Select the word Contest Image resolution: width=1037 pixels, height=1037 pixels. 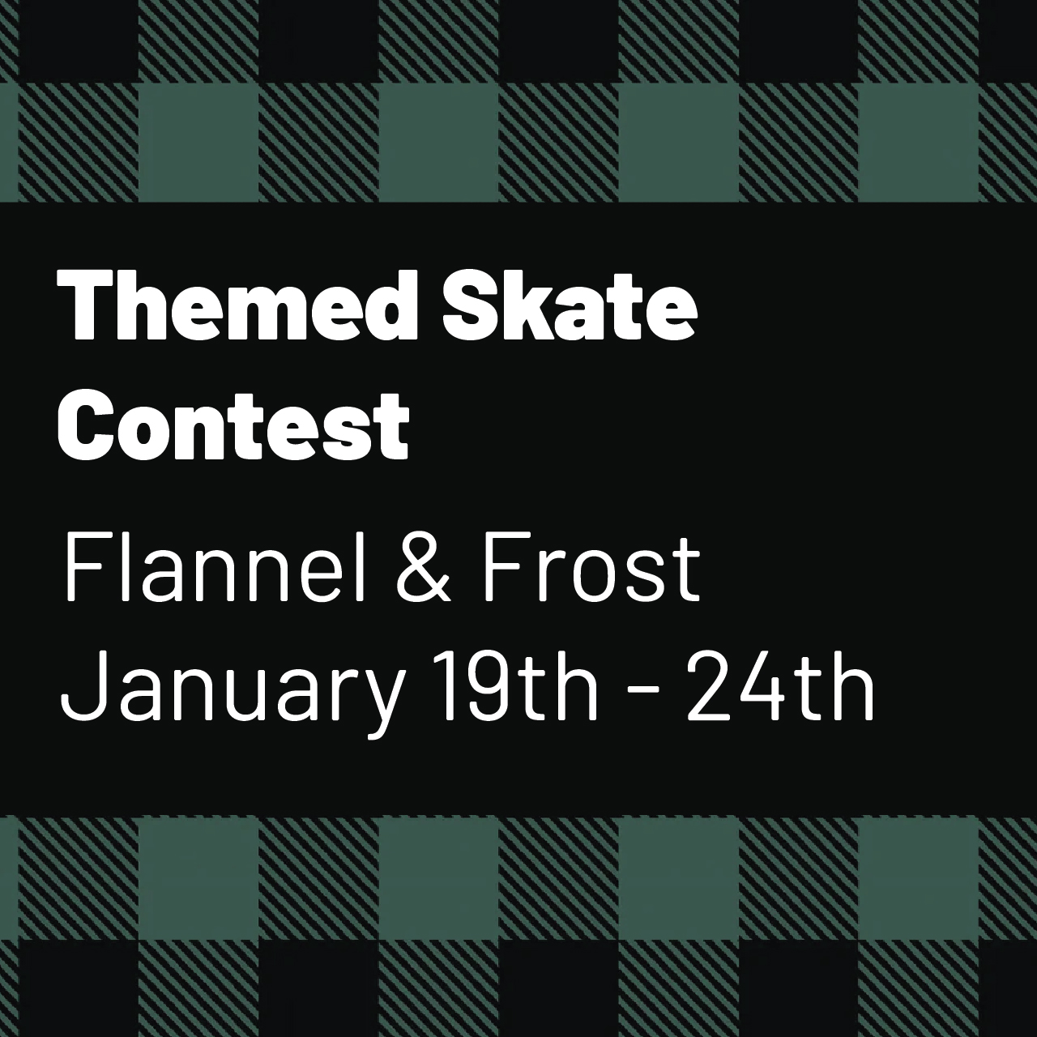(233, 425)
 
